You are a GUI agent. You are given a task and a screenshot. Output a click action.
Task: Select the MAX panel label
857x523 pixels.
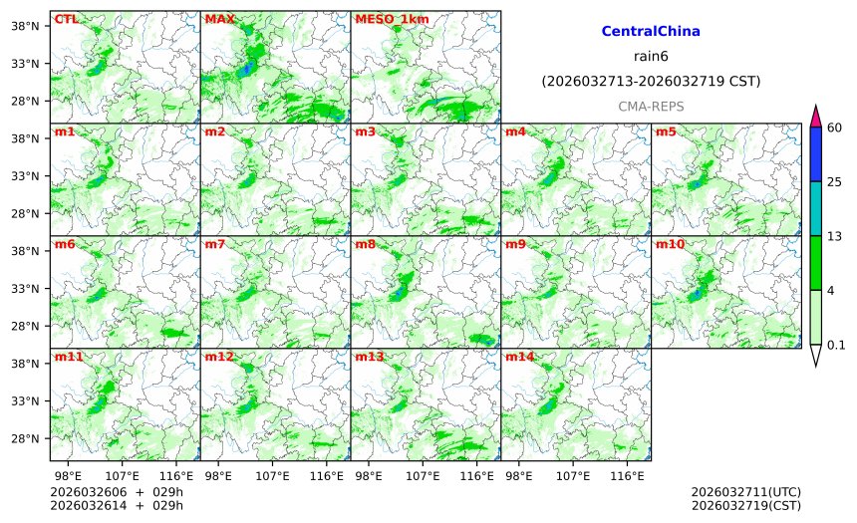219,19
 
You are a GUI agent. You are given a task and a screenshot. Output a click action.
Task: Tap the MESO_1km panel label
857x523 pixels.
392,19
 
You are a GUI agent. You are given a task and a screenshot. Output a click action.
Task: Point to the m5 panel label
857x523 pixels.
666,131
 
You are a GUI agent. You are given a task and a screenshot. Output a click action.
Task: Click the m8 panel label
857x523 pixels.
365,244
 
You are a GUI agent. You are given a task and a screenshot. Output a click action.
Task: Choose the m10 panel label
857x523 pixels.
670,244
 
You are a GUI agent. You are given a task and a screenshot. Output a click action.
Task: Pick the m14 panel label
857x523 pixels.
519,357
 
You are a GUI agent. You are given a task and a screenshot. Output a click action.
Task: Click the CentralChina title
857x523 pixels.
651,32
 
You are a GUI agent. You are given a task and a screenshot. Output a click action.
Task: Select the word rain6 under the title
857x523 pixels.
651,57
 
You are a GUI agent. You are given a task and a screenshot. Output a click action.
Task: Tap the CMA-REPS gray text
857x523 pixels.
651,106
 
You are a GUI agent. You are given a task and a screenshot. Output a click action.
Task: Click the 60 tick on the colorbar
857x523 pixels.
835,127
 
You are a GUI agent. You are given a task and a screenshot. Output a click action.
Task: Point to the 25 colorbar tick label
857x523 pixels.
835,181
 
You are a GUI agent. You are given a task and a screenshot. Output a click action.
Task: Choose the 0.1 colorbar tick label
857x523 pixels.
836,345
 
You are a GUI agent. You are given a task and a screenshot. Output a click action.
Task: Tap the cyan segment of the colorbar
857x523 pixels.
816,208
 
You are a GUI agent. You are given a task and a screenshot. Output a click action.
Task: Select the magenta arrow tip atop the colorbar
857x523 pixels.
816,114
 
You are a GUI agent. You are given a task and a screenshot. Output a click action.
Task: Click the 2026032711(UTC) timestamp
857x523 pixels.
745,491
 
